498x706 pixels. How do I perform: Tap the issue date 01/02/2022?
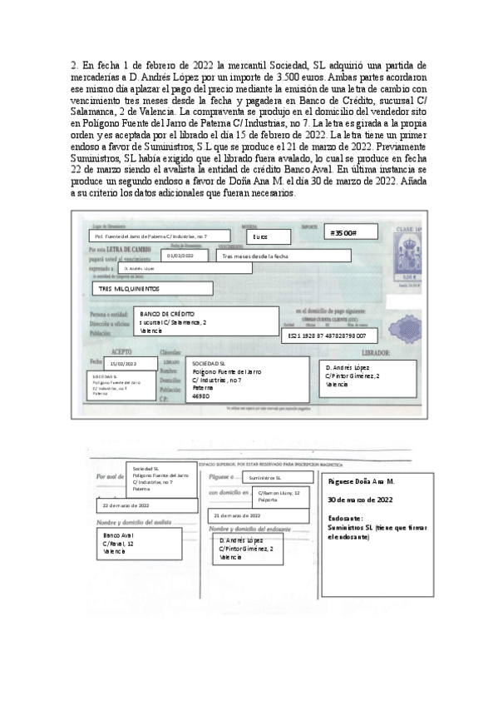[180, 256]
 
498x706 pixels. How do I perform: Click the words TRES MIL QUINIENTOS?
[131, 289]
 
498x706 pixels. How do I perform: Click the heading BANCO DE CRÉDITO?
[167, 313]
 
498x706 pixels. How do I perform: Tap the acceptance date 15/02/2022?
[122, 364]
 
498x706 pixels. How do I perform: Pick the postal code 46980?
[200, 396]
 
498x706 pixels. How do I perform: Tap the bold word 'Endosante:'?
[347, 517]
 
